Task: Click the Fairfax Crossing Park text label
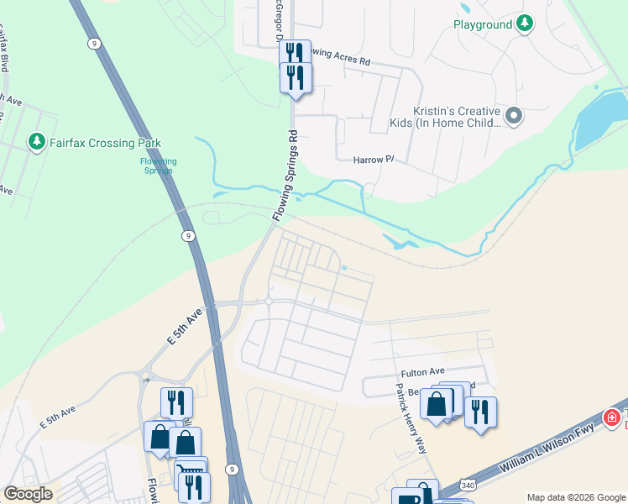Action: (105, 143)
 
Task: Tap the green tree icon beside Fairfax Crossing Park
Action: (36, 142)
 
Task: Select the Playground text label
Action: (483, 25)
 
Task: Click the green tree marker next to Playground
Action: (526, 24)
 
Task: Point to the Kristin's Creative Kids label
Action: (457, 117)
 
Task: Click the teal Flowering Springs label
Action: (158, 165)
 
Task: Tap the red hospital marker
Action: (614, 417)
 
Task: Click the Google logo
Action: (28, 494)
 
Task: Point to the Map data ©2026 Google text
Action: (576, 497)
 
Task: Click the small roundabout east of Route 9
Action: (269, 301)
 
